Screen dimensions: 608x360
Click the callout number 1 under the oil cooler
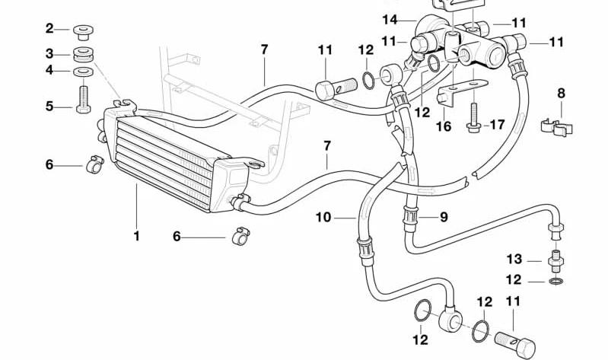pyautogui.click(x=136, y=236)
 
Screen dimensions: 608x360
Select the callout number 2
pyautogui.click(x=49, y=28)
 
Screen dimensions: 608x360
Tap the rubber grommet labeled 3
pyautogui.click(x=83, y=54)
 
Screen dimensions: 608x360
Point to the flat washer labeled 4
pyautogui.click(x=83, y=72)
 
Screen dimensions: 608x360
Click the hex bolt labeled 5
pyautogui.click(x=84, y=99)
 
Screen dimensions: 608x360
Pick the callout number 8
pyautogui.click(x=561, y=93)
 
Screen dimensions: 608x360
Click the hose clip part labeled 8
pyautogui.click(x=557, y=127)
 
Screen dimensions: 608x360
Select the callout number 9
pyautogui.click(x=444, y=217)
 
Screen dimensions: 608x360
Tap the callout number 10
pyautogui.click(x=323, y=217)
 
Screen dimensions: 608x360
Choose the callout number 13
pyautogui.click(x=514, y=259)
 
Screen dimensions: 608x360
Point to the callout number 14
pyautogui.click(x=390, y=19)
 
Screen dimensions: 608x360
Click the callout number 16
pyautogui.click(x=444, y=126)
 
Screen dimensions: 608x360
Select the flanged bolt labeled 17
pyautogui.click(x=473, y=117)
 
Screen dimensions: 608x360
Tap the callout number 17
pyautogui.click(x=498, y=125)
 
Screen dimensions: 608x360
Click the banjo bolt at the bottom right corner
pyautogui.click(x=516, y=344)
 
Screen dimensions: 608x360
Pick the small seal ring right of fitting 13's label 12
pyautogui.click(x=557, y=281)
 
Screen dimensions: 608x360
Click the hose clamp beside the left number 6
pyautogui.click(x=94, y=164)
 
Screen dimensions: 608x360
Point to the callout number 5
pyautogui.click(x=49, y=107)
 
